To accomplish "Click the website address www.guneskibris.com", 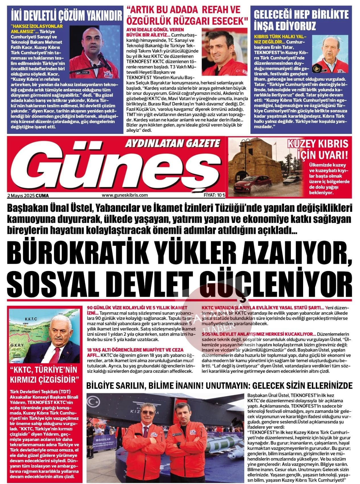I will click(x=125, y=195).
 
